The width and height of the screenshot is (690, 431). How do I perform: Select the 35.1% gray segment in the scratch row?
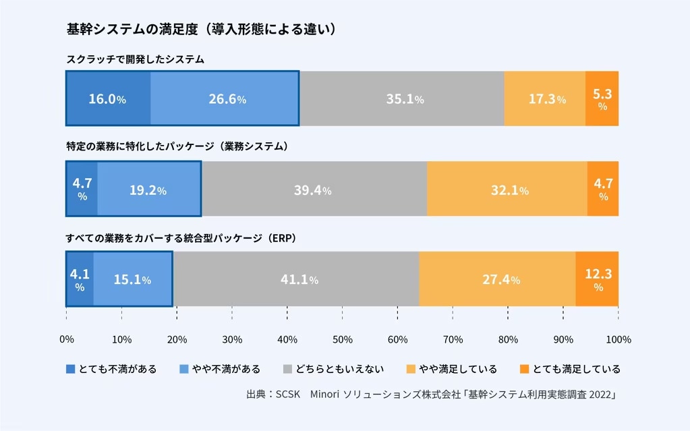click(x=402, y=98)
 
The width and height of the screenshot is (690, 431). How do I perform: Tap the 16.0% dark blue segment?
click(x=108, y=98)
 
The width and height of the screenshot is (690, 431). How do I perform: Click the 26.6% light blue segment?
click(x=225, y=98)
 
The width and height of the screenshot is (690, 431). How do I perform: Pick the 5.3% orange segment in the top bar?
click(x=602, y=98)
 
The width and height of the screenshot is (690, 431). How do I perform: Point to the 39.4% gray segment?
click(x=314, y=189)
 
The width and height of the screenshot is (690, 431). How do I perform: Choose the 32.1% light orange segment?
click(x=507, y=189)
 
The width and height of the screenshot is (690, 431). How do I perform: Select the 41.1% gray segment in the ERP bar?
click(x=296, y=279)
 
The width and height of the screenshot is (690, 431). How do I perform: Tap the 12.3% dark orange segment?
click(x=598, y=279)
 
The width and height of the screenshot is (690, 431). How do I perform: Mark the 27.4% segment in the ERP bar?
click(x=497, y=279)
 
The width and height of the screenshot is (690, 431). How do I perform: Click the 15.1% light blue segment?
click(x=133, y=279)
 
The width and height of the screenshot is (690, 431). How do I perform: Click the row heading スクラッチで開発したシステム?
click(x=135, y=59)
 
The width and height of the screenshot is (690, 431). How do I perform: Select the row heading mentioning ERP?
click(x=181, y=239)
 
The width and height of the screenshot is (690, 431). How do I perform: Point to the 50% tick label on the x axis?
click(x=343, y=339)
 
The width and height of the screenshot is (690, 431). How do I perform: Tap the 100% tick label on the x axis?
click(x=618, y=339)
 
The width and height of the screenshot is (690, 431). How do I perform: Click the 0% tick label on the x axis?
click(x=67, y=339)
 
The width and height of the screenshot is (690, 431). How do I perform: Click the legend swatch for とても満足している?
click(x=524, y=369)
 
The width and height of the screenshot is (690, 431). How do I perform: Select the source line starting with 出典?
click(x=432, y=394)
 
